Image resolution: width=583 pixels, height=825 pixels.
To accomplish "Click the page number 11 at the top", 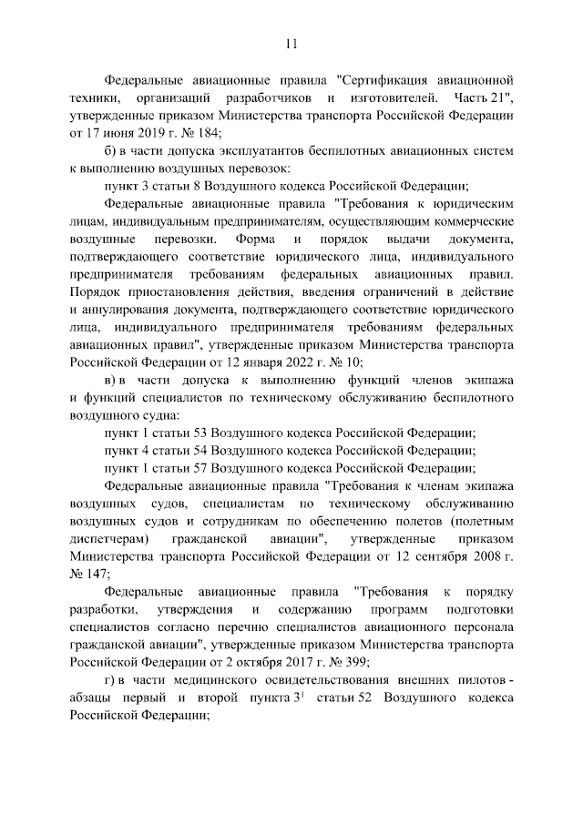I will (x=291, y=43).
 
